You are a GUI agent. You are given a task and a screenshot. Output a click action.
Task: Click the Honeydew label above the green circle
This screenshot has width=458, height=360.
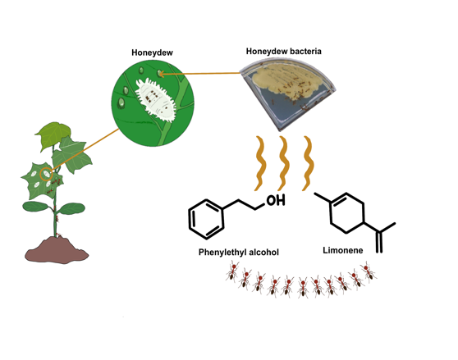click(152, 52)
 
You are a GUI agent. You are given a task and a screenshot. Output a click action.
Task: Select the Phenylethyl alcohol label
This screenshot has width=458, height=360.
click(239, 252)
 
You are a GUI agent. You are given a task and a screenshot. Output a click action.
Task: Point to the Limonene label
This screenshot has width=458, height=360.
click(343, 250)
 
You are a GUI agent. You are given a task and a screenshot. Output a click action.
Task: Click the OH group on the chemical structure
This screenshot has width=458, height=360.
click(276, 200)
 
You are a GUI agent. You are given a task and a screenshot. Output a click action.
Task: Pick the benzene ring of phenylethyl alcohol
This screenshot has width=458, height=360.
click(206, 220)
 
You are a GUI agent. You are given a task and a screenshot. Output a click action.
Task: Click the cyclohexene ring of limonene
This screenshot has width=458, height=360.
click(347, 212)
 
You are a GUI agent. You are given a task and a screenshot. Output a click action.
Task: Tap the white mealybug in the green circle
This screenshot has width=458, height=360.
click(156, 99)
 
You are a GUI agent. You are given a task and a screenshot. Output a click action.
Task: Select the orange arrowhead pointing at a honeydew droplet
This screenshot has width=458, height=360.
click(161, 74)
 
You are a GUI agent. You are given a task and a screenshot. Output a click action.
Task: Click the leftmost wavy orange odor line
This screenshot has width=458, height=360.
click(261, 163)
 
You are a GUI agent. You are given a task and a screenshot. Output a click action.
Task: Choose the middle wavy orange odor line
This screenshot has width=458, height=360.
click(284, 163)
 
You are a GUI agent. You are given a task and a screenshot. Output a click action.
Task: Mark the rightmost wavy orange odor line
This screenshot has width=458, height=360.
click(308, 163)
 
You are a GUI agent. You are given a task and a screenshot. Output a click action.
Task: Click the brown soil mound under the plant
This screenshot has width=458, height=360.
click(57, 251)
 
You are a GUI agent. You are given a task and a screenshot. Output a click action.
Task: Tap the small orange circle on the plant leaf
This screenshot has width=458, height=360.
click(46, 174)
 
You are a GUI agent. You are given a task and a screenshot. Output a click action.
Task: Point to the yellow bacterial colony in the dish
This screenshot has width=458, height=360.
click(288, 78)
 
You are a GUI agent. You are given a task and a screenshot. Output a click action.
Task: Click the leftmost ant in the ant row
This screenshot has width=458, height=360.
click(233, 271)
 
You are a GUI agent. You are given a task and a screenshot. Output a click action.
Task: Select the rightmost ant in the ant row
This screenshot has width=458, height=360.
click(368, 271)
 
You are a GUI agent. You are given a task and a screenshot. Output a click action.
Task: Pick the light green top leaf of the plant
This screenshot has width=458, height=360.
click(53, 135)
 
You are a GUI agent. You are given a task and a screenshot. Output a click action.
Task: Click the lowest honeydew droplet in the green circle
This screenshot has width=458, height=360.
click(121, 103)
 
